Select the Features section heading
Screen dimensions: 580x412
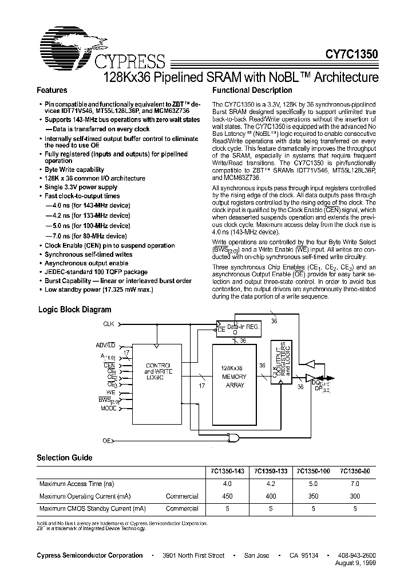[x=52, y=91]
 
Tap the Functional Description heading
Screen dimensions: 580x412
[x=252, y=91]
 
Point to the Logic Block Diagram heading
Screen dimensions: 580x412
[x=74, y=309]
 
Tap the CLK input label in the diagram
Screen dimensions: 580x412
[x=109, y=324]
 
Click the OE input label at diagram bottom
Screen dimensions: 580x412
[x=106, y=440]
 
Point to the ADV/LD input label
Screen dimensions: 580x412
[x=106, y=345]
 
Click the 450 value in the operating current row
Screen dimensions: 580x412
[x=227, y=496]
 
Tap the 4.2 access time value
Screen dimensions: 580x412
[x=269, y=484]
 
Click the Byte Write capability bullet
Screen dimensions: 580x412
[x=74, y=170]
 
